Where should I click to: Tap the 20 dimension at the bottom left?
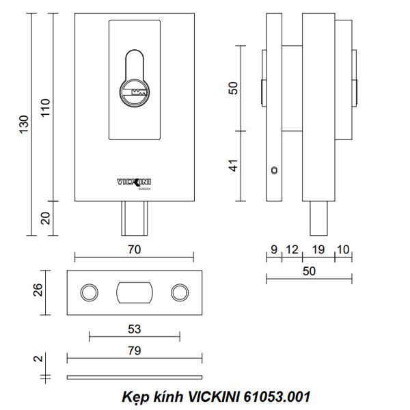tap(46, 219)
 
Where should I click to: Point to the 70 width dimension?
tap(134, 250)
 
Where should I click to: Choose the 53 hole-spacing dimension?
tap(134, 329)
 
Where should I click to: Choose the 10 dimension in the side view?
tap(342, 250)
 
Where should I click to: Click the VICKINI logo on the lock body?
tap(134, 182)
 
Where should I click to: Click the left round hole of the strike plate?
tap(88, 292)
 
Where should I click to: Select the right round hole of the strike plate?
tap(180, 292)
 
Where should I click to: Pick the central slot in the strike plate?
tap(133, 292)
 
